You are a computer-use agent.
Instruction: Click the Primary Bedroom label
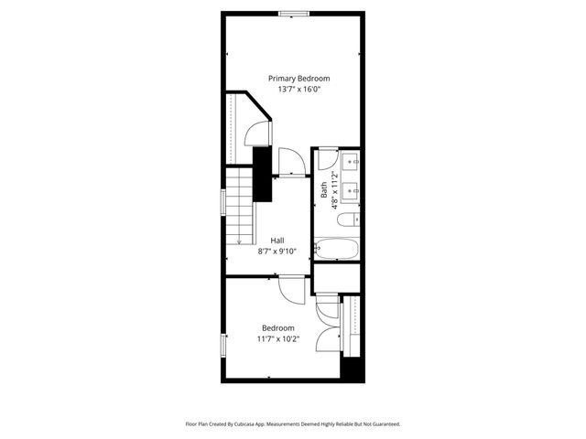click(298, 79)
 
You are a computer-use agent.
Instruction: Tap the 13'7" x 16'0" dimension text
click(298, 90)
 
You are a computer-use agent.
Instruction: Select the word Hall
click(277, 241)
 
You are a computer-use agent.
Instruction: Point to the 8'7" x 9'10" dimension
click(277, 251)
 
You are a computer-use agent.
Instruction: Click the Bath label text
click(323, 190)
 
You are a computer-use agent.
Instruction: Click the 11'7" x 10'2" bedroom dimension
click(278, 338)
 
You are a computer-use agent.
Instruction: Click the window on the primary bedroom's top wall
click(293, 13)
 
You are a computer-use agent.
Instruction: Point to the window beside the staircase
click(223, 202)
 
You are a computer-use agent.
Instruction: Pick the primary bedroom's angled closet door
click(260, 134)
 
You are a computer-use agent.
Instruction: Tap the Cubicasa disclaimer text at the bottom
click(293, 424)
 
